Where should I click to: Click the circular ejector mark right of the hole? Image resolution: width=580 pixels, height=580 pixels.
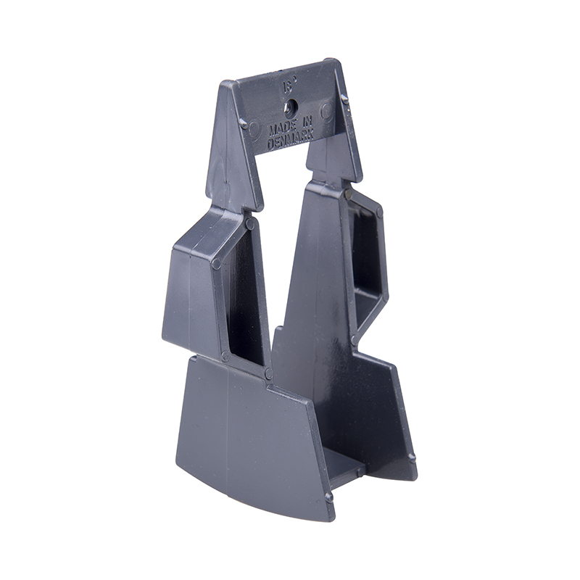[326, 110]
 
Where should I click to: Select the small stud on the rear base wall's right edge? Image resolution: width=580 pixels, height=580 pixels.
[412, 457]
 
